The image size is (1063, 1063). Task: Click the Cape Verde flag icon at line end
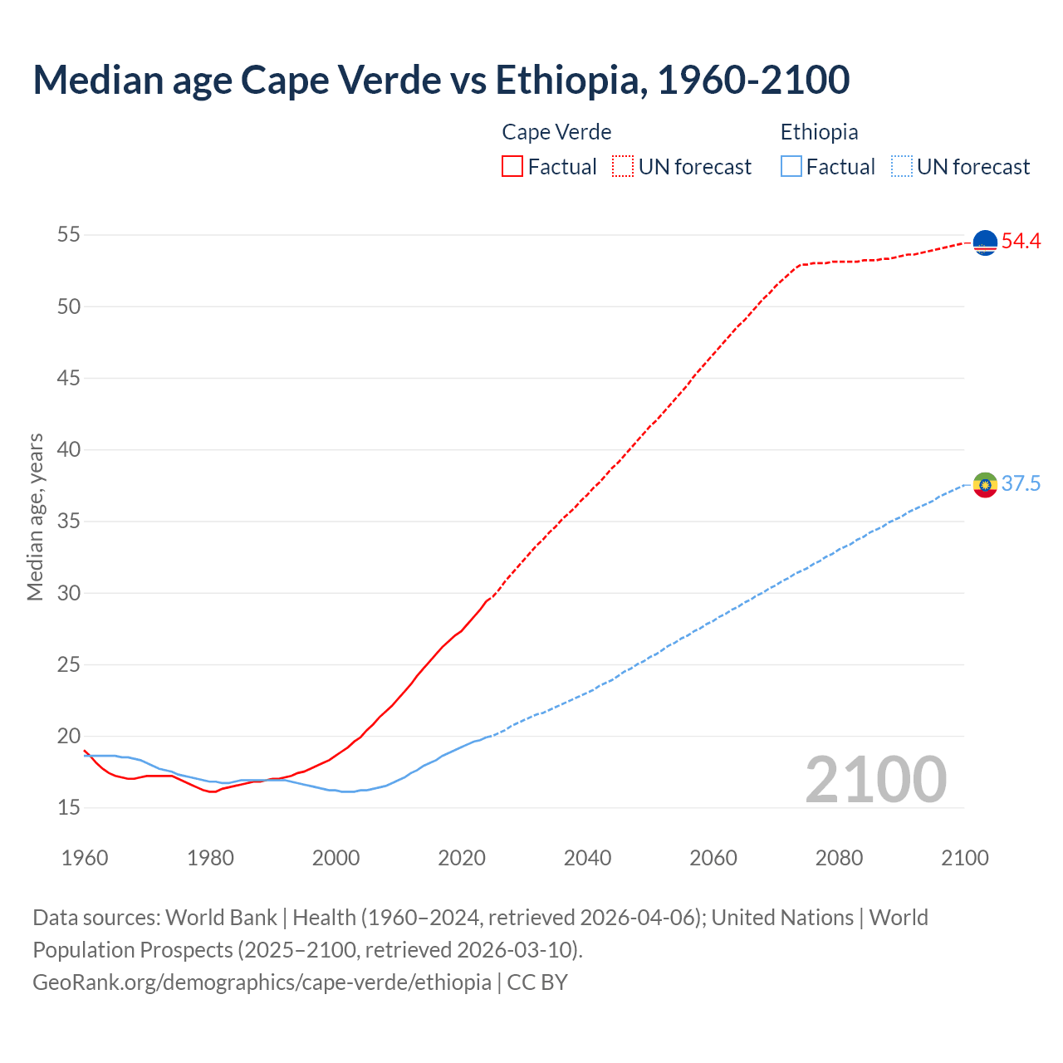(x=985, y=242)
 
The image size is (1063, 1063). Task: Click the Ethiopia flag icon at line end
(x=985, y=484)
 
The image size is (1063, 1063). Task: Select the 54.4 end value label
(x=1021, y=242)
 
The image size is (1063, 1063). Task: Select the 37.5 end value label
(x=1021, y=484)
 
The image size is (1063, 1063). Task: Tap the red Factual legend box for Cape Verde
(x=512, y=166)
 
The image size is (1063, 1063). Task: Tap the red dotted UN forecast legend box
(x=623, y=166)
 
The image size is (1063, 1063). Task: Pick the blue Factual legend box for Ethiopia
(x=791, y=166)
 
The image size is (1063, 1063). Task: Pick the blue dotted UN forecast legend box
(x=902, y=166)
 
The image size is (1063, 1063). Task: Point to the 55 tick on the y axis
(x=68, y=235)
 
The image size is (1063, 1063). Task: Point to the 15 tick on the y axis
(x=68, y=807)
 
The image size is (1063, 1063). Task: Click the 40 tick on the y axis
(x=68, y=449)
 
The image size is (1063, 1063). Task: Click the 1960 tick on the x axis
(x=85, y=858)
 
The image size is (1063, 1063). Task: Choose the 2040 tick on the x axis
(x=587, y=858)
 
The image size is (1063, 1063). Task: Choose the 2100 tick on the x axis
(x=965, y=858)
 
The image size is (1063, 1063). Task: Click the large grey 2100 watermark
(x=875, y=779)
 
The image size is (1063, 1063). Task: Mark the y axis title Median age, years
(x=35, y=517)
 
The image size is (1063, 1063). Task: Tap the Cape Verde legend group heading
(x=556, y=132)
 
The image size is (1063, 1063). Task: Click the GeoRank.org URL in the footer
(x=262, y=982)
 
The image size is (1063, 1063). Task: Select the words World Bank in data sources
(x=221, y=917)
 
